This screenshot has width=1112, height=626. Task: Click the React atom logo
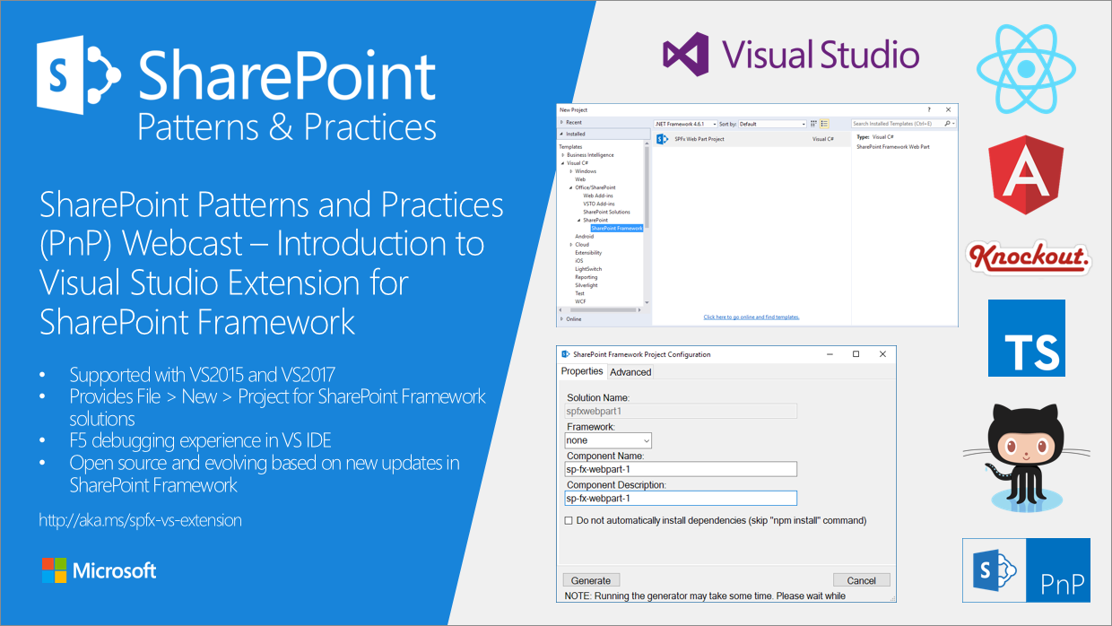(1026, 68)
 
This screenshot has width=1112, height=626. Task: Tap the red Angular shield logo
(1026, 176)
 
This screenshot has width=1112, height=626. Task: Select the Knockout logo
(1029, 258)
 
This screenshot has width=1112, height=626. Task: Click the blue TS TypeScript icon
(1026, 338)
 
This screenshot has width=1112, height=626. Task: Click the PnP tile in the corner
(1026, 570)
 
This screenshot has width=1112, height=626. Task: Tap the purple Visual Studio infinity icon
(686, 54)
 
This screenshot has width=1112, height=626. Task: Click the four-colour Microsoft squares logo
(54, 570)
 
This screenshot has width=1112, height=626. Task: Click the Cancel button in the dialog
(861, 580)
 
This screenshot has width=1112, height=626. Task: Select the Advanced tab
(630, 372)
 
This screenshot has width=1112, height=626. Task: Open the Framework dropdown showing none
(608, 440)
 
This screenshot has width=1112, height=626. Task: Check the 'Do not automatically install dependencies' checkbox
(569, 520)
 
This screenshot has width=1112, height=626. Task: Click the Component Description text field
(680, 499)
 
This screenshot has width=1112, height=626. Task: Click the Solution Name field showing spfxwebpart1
(680, 412)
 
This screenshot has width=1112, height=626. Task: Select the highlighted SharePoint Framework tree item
(616, 228)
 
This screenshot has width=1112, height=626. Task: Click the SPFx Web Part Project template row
(699, 139)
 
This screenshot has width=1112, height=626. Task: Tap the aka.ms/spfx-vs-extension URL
(140, 520)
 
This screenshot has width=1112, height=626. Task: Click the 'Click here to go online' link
(751, 317)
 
